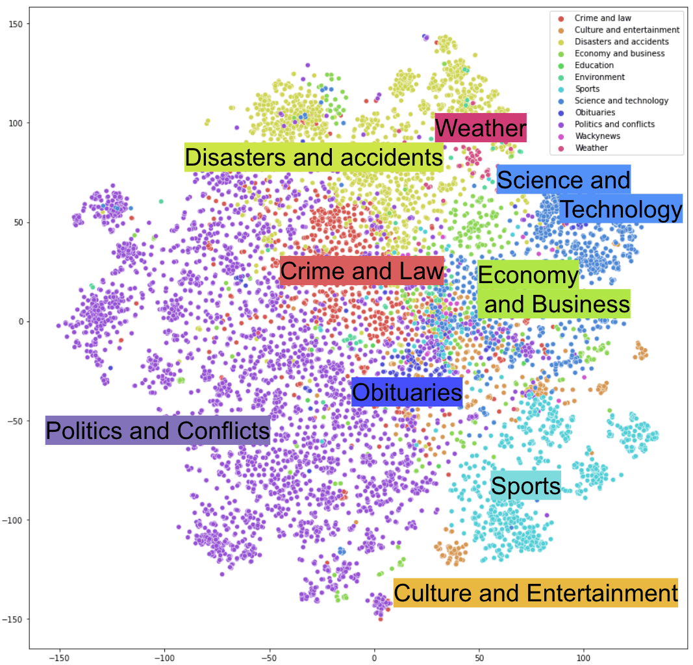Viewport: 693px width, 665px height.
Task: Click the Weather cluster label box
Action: click(481, 128)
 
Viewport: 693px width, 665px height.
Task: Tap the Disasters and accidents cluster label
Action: click(314, 157)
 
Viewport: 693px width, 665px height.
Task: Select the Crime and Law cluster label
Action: click(362, 271)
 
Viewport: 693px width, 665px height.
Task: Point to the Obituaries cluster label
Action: click(407, 392)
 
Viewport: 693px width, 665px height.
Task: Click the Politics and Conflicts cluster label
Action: click(157, 431)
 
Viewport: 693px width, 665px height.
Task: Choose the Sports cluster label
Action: click(525, 486)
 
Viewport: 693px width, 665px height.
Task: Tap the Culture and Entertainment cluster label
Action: click(535, 593)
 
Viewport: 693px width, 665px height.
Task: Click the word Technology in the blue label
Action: click(620, 209)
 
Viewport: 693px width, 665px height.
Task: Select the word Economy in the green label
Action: click(527, 276)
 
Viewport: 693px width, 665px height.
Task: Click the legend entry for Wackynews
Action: click(597, 136)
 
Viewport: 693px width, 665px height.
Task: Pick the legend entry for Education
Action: click(594, 65)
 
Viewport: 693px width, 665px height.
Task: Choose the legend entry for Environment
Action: click(599, 77)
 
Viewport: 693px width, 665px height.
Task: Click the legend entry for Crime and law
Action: click(602, 18)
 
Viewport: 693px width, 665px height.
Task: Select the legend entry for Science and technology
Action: click(621, 101)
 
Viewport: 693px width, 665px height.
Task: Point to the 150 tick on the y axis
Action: click(16, 24)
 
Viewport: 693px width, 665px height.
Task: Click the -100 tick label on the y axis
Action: click(13, 520)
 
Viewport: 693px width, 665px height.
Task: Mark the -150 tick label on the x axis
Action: click(59, 657)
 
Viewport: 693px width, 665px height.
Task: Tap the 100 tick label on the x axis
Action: click(583, 657)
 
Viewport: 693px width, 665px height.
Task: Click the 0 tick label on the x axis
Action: click(374, 657)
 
